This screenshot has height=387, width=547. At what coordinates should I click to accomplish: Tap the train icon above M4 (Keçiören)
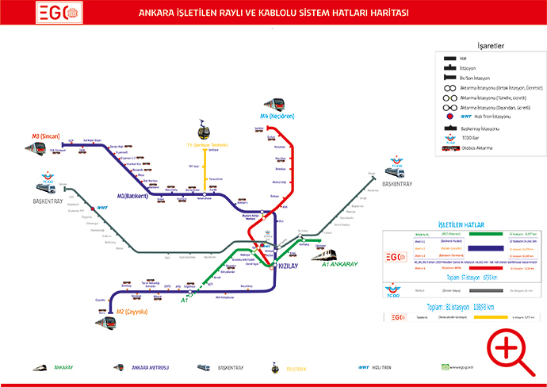pos(274,104)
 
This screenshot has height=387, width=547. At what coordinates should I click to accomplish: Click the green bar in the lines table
pos(486,234)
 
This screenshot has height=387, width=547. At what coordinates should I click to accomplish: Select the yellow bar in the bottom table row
pos(495,317)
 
